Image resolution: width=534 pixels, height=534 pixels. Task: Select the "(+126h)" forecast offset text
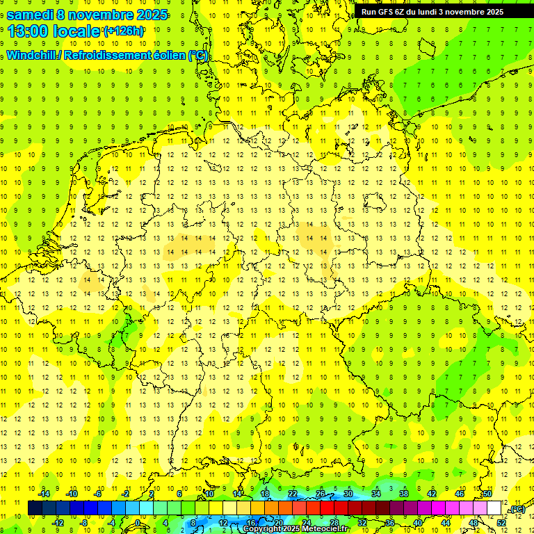click(123, 31)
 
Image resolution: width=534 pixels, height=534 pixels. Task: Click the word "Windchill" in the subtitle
click(32, 56)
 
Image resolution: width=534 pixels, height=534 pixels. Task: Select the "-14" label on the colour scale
click(45, 494)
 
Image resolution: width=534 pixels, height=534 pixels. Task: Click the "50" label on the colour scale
click(487, 494)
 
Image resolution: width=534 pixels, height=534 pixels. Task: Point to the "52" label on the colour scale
click(501, 523)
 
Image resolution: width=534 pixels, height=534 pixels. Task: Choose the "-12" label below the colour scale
click(58, 523)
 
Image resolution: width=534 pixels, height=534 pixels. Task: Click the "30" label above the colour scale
click(348, 494)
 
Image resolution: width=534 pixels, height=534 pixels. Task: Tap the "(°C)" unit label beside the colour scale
click(517, 510)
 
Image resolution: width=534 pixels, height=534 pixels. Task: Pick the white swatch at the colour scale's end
click(494, 508)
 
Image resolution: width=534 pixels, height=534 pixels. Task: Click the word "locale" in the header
click(77, 32)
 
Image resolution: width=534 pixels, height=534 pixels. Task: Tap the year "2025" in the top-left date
click(152, 14)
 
